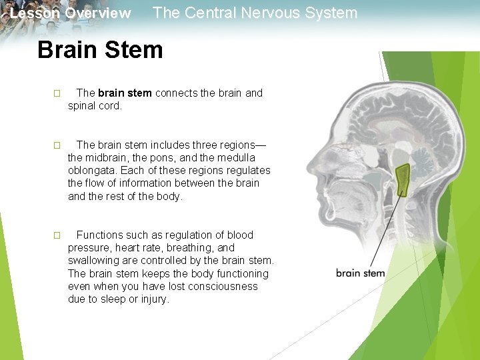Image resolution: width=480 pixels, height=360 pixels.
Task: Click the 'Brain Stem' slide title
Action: pos(100,50)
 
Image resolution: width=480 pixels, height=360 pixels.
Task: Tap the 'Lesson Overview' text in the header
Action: pos(71,13)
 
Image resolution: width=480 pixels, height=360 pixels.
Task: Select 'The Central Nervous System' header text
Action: pos(255,13)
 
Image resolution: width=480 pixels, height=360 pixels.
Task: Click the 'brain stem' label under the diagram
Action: pos(360,273)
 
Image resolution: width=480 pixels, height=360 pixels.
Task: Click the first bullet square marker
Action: pos(57,93)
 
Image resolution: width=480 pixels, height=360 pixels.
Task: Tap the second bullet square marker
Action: pos(57,145)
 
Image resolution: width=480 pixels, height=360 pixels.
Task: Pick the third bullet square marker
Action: pos(57,235)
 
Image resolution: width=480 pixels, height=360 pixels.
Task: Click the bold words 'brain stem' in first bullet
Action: pos(125,93)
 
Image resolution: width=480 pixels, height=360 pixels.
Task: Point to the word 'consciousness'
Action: pos(225,287)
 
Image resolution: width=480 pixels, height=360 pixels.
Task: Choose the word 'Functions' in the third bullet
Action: pos(99,235)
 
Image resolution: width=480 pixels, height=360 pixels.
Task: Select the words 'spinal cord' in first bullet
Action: pos(94,106)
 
